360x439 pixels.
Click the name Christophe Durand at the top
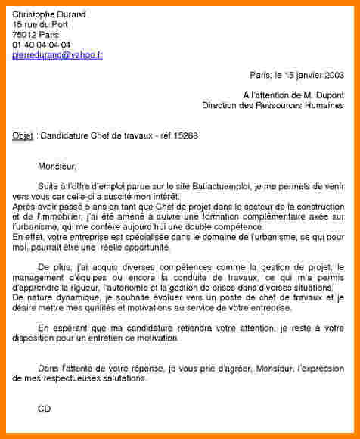point(49,14)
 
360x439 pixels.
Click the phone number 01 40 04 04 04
point(42,45)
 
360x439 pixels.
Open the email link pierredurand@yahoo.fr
point(57,55)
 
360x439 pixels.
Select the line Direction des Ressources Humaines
point(273,106)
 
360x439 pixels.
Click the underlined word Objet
point(23,135)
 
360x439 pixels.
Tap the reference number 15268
point(185,135)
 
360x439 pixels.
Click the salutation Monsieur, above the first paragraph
point(57,165)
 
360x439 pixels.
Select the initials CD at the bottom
point(44,409)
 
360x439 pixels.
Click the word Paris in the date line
point(259,75)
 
